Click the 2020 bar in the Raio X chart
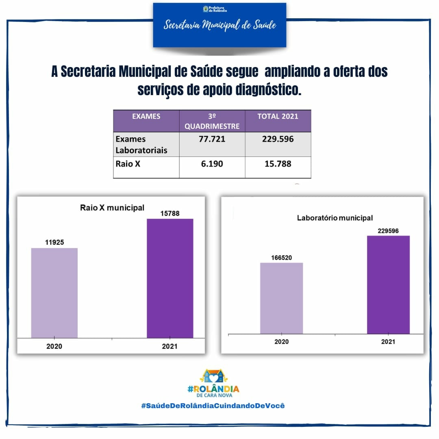[54, 293]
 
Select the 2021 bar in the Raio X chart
[170, 278]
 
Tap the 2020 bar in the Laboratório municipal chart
[281, 298]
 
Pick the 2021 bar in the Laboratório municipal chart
[388, 285]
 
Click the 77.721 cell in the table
[212, 139]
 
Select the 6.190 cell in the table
[212, 164]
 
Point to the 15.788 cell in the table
[278, 164]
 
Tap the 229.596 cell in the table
[278, 139]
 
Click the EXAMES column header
[146, 117]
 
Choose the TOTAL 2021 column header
[278, 117]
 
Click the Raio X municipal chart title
[112, 208]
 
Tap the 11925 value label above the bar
[54, 242]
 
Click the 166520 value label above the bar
[281, 258]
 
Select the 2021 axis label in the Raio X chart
[170, 347]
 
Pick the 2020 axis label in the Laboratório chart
[281, 341]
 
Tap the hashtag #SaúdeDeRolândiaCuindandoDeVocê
[213, 406]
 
